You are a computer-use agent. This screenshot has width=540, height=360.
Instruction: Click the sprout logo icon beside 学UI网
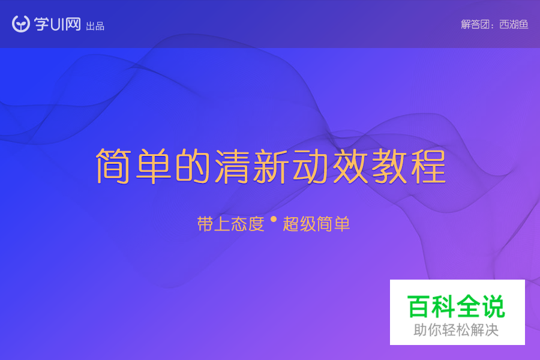(21, 24)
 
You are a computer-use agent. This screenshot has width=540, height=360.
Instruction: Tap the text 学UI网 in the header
(58, 25)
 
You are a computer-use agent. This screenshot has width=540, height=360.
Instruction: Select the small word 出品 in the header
(95, 26)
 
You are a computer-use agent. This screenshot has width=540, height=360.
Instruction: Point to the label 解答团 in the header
(475, 25)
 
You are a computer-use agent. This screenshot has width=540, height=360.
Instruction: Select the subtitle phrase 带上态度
(230, 224)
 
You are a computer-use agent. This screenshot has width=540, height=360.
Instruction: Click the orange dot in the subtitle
(274, 220)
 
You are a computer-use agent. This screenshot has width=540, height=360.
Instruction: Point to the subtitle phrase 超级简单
(316, 224)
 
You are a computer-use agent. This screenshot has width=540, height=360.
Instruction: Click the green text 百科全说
(457, 307)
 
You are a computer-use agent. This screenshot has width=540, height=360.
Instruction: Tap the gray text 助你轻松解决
(457, 330)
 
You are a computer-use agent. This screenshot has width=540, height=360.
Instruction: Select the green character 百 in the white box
(419, 307)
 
